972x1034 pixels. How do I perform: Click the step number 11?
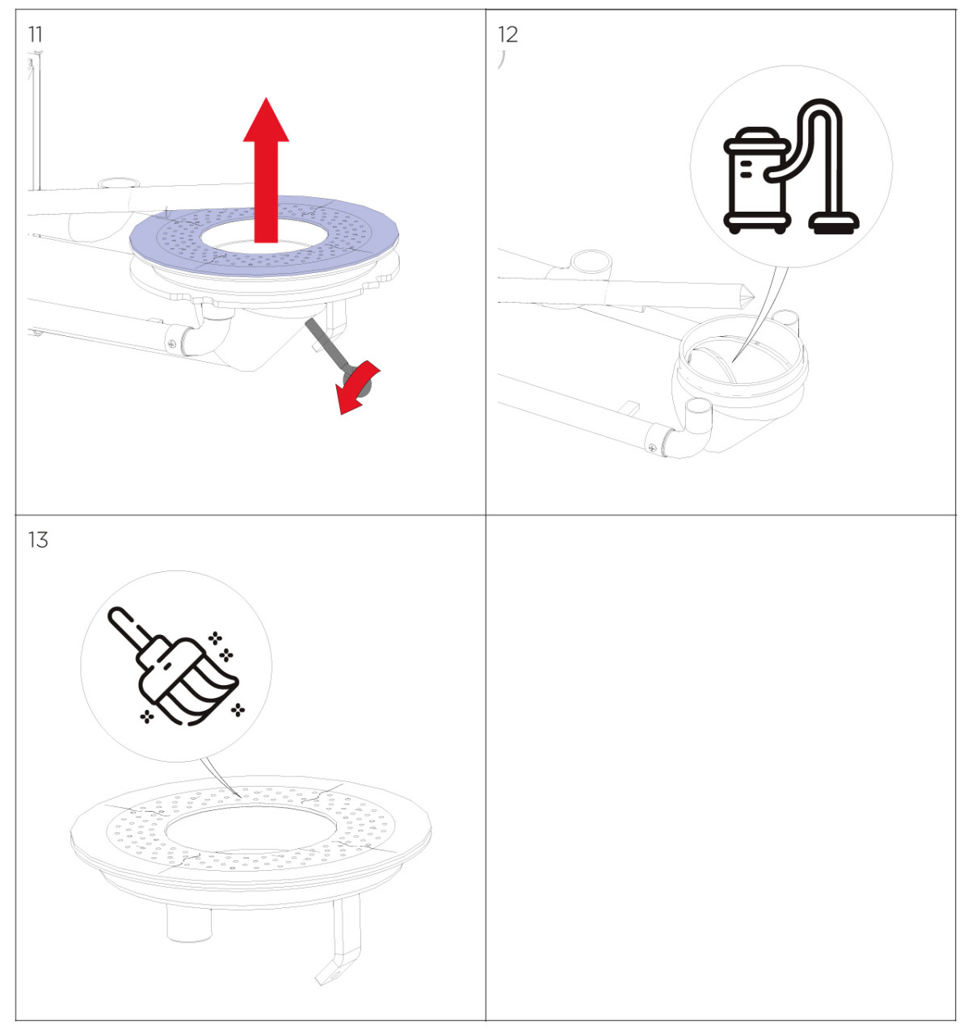35,35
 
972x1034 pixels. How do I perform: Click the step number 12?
507,35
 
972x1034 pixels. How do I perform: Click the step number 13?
38,540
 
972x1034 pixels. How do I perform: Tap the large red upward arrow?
266,170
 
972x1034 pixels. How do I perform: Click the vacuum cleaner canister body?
755,179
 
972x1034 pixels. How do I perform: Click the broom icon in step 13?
175,666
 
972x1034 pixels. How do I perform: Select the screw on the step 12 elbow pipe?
652,447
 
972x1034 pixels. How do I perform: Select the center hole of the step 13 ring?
250,830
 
